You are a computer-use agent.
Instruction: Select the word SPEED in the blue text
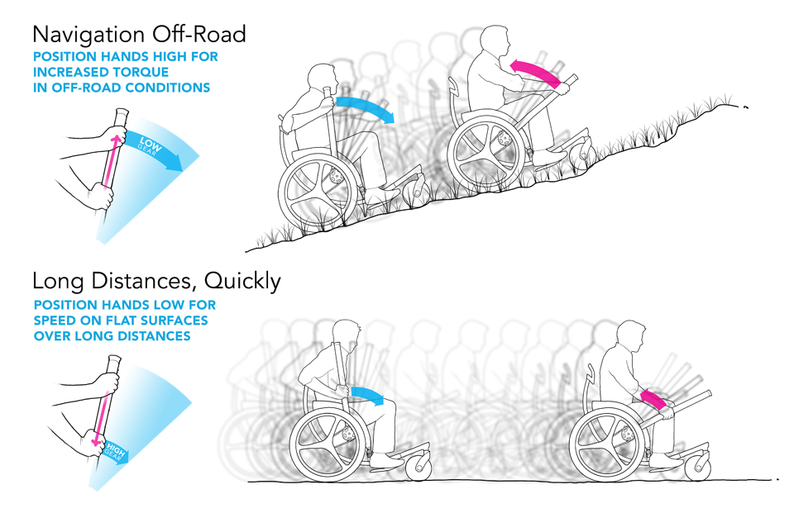[59, 321]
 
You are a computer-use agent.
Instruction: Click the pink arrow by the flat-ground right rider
[653, 400]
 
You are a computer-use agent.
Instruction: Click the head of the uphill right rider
[495, 40]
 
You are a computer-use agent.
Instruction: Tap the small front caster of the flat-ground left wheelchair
[414, 469]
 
